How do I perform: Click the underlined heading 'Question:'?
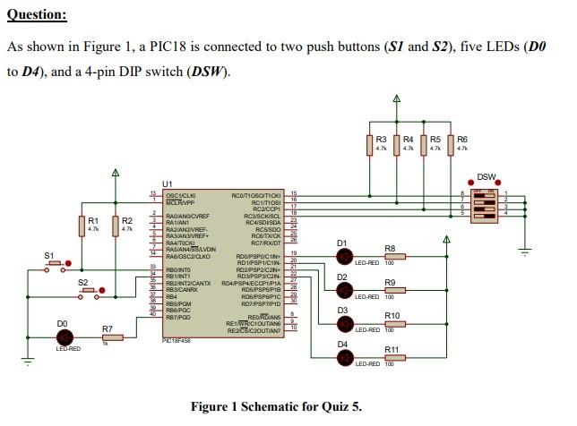[x=37, y=15]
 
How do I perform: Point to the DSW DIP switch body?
[x=486, y=202]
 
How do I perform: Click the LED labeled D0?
[x=64, y=337]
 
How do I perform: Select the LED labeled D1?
[x=344, y=257]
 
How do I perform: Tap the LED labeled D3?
[x=344, y=323]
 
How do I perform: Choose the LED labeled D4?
[x=344, y=357]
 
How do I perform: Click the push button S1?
[x=56, y=266]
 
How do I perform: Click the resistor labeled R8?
[x=392, y=257]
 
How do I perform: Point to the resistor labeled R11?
[x=392, y=357]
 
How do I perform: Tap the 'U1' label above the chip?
[x=167, y=183]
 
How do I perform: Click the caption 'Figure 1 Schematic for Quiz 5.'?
[x=276, y=407]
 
